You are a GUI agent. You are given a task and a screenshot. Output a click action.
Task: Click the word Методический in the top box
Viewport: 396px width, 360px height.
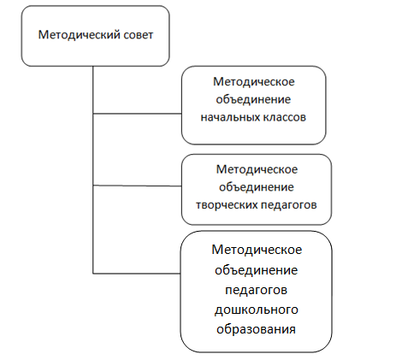80,35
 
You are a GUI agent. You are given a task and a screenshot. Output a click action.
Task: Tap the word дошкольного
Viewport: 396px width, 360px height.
257,310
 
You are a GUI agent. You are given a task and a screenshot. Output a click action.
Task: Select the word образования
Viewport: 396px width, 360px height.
256,329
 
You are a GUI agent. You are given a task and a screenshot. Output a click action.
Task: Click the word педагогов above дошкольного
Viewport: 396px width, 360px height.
256,290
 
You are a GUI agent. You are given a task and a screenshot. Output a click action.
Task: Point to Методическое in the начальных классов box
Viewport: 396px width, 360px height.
254,82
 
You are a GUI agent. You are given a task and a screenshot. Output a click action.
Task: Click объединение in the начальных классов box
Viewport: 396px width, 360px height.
253,99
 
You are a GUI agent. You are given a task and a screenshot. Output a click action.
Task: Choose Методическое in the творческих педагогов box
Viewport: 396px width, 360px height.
257,169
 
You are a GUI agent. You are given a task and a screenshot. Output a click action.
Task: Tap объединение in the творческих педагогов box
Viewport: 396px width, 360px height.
257,187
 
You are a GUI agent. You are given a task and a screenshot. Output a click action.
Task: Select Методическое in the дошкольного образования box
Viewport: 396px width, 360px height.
257,250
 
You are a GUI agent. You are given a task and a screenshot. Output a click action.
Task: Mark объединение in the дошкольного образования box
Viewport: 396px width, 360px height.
257,270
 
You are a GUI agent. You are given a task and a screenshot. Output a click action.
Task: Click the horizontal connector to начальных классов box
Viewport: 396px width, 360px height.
138,114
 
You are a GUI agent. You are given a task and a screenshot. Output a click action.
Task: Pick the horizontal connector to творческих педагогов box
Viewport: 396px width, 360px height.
138,186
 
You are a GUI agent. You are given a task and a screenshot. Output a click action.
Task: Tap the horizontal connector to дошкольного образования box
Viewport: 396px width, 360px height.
137,274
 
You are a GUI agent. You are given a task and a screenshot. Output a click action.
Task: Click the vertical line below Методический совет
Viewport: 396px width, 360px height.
93,170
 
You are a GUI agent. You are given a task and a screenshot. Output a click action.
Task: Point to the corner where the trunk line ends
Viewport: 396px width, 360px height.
93,274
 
